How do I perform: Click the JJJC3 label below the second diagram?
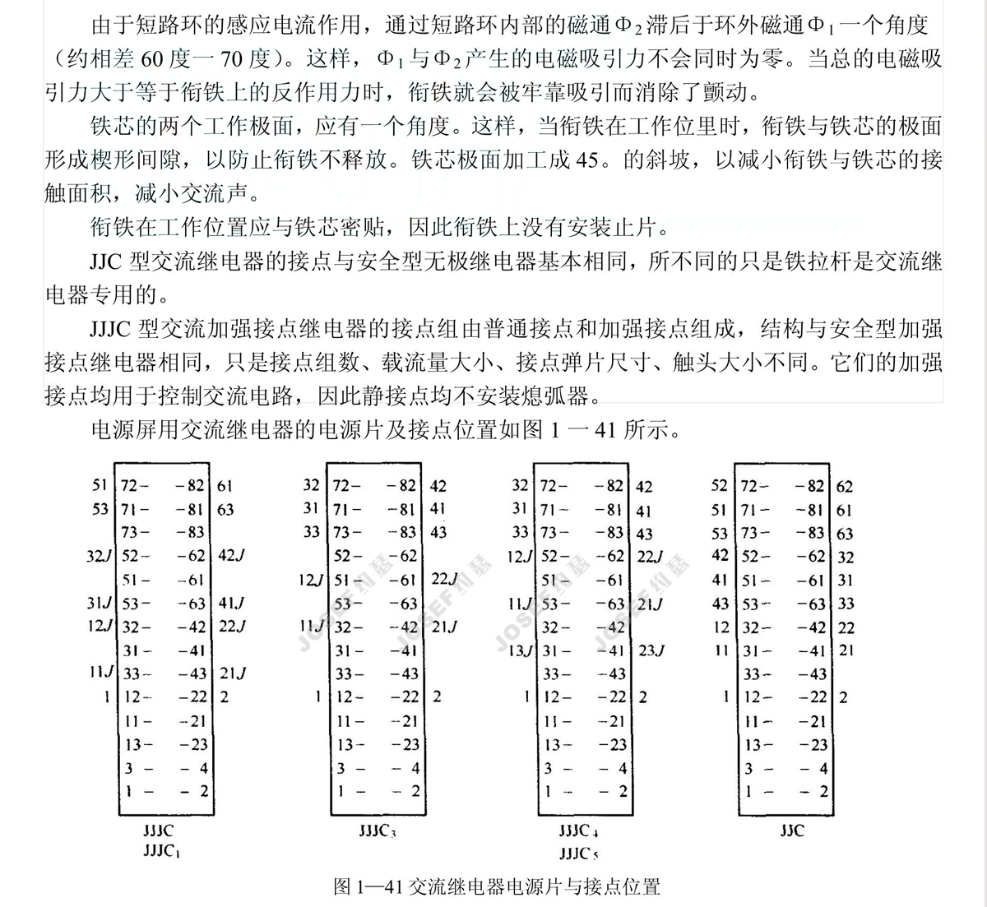pyautogui.click(x=378, y=831)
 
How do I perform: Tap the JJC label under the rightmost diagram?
pyautogui.click(x=792, y=831)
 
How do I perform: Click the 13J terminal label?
pyautogui.click(x=520, y=650)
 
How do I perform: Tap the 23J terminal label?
pyautogui.click(x=650, y=650)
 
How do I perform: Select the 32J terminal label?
pyautogui.click(x=99, y=556)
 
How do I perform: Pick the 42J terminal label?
pyautogui.click(x=231, y=556)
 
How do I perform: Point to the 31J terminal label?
pyautogui.click(x=99, y=604)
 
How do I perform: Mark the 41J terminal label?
pyautogui.click(x=231, y=604)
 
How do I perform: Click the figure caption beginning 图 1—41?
pyautogui.click(x=497, y=886)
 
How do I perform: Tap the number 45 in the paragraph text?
pyautogui.click(x=587, y=160)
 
